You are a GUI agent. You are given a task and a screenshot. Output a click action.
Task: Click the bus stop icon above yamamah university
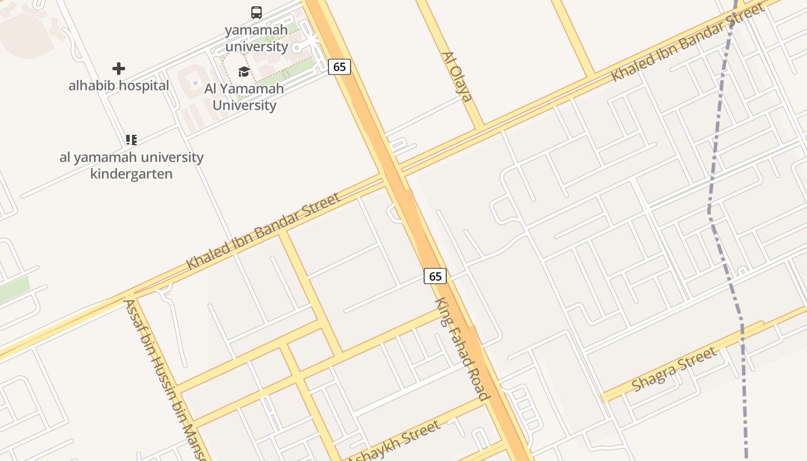click(x=257, y=12)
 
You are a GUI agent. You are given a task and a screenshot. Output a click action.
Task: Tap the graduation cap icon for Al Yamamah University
click(x=244, y=71)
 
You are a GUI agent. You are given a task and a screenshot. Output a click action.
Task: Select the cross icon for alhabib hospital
click(x=119, y=69)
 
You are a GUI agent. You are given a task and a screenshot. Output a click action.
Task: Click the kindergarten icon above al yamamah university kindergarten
click(x=131, y=139)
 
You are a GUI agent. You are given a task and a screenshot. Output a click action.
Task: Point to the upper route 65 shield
click(x=340, y=67)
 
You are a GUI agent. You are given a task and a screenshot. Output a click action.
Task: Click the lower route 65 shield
click(x=435, y=276)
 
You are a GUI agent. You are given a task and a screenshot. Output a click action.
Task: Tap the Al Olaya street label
click(x=457, y=77)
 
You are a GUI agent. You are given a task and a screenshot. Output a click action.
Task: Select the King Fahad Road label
click(x=462, y=349)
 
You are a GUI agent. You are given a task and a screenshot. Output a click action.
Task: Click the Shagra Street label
click(x=674, y=369)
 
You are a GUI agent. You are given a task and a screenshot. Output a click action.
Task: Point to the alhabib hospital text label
click(x=119, y=86)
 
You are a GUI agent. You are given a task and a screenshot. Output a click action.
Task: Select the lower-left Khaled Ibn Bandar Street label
click(x=263, y=232)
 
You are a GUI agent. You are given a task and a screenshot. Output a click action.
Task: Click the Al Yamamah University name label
click(x=244, y=97)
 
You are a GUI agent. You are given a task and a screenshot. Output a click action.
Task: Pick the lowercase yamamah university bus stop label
click(x=257, y=38)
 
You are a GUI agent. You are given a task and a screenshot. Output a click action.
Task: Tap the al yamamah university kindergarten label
click(x=131, y=165)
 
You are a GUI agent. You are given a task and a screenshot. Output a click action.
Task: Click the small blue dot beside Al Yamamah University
click(x=195, y=84)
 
